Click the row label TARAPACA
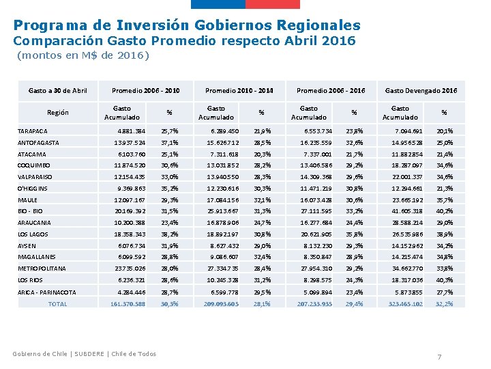pyautogui.click(x=32, y=131)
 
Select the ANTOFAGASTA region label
pyautogui.click(x=38, y=143)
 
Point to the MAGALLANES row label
pyautogui.click(x=37, y=256)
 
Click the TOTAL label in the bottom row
pyautogui.click(x=57, y=303)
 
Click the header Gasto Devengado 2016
pyautogui.click(x=421, y=90)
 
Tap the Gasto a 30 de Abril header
pyautogui.click(x=57, y=90)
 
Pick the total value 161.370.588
pyautogui.click(x=128, y=303)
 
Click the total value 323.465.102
pyautogui.click(x=405, y=303)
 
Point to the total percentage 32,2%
pyautogui.click(x=444, y=303)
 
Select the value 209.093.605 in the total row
pyautogui.click(x=221, y=303)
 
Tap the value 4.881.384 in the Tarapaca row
pyautogui.click(x=131, y=131)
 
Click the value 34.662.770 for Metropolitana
pyautogui.click(x=407, y=269)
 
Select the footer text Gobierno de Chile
pyautogui.click(x=42, y=353)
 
